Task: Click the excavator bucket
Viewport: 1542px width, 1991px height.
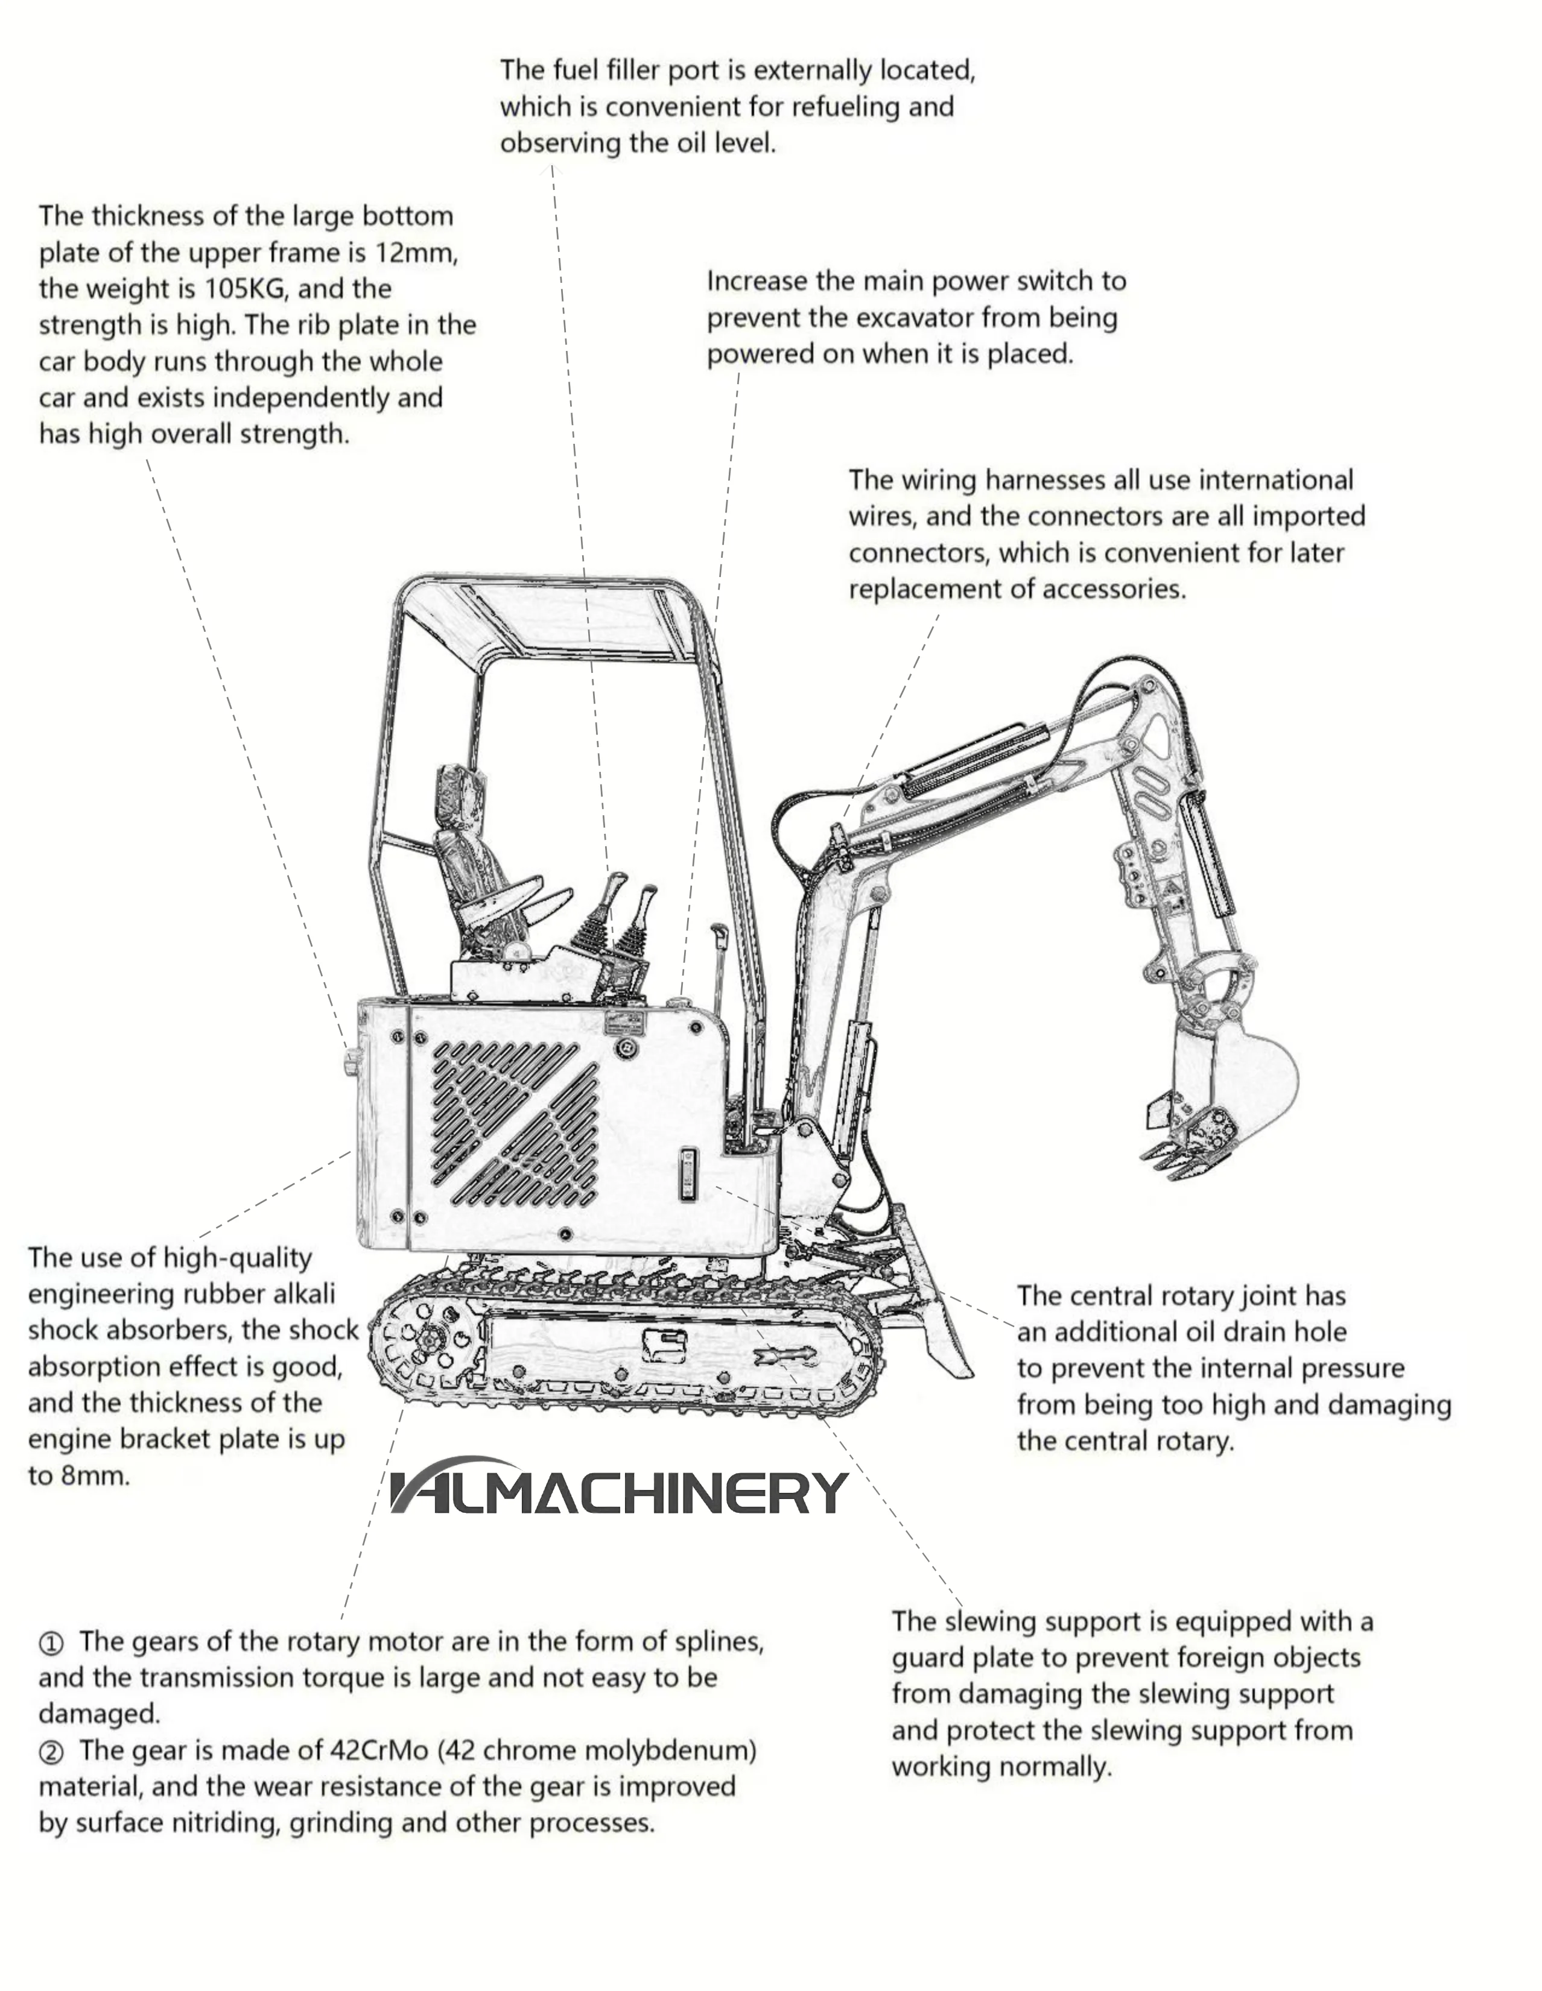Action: pos(1226,1099)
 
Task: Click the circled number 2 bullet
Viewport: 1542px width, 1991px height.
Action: pos(51,1753)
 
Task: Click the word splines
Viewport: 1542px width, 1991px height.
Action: pos(719,1642)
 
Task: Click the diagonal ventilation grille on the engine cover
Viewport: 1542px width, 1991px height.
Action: pos(515,1123)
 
